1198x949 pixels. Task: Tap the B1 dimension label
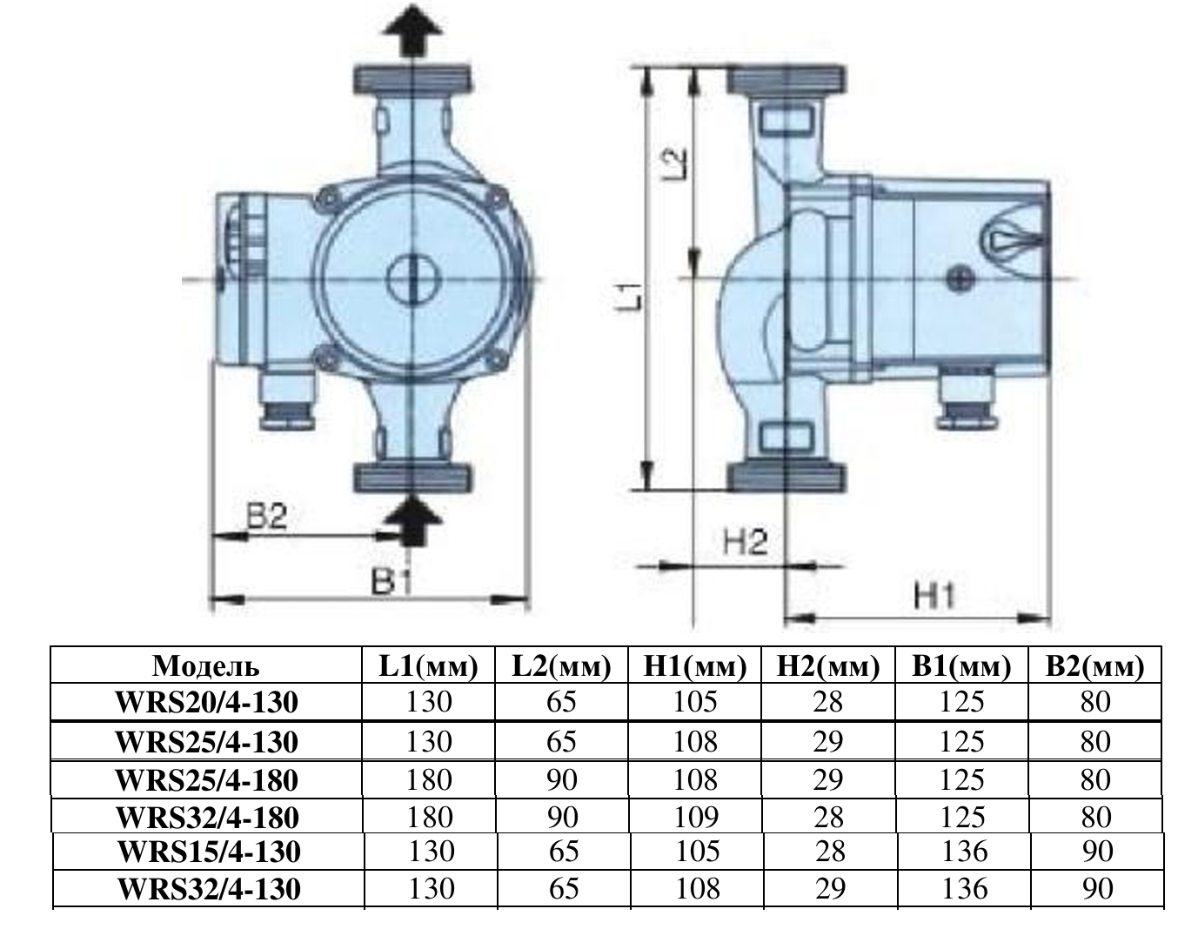(x=392, y=583)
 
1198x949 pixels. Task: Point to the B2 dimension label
(x=266, y=517)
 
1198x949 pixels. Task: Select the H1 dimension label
(x=934, y=596)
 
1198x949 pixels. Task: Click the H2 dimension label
(x=745, y=542)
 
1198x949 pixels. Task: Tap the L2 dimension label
(x=673, y=164)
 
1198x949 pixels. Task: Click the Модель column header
(x=206, y=665)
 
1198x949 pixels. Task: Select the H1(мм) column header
(x=695, y=665)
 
